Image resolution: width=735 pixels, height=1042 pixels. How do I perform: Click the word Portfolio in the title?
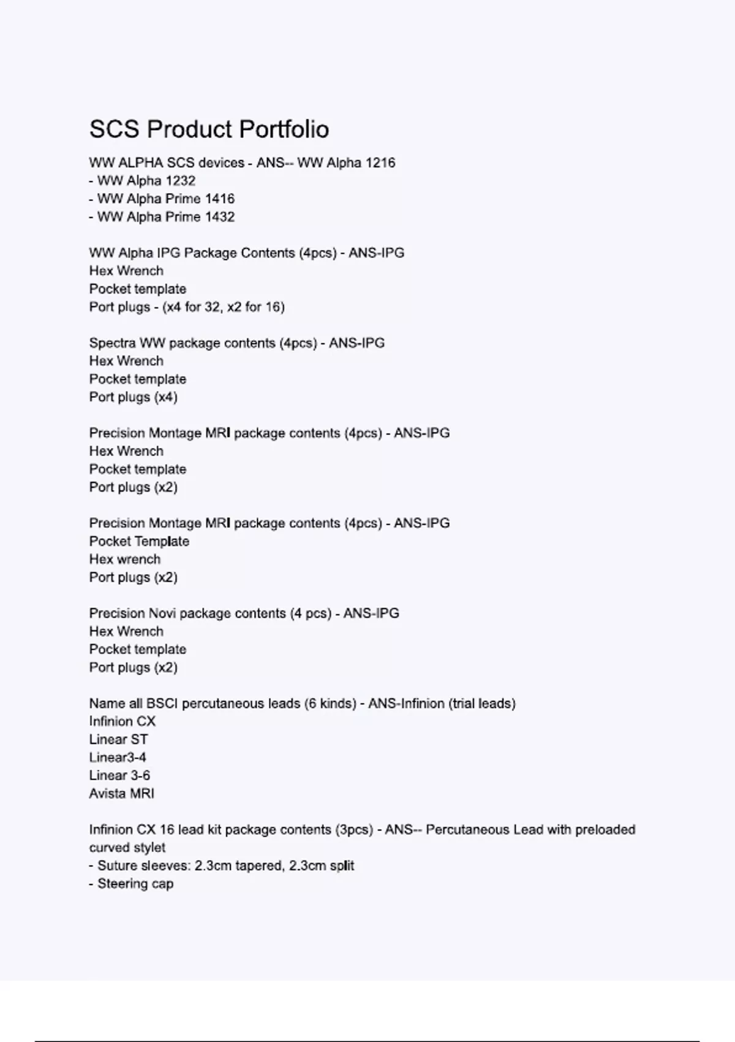pyautogui.click(x=284, y=129)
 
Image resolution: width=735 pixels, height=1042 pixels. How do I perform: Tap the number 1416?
pyautogui.click(x=219, y=199)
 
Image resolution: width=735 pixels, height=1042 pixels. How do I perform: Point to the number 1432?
pyautogui.click(x=219, y=217)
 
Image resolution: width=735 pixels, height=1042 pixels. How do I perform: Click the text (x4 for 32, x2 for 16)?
pyautogui.click(x=223, y=307)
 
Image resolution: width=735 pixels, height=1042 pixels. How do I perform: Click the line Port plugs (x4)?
pyautogui.click(x=133, y=397)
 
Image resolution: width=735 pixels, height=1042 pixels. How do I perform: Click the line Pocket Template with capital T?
pyautogui.click(x=139, y=541)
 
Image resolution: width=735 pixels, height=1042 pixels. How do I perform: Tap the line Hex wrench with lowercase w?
pyautogui.click(x=124, y=560)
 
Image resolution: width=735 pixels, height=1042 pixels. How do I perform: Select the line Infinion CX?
pyautogui.click(x=122, y=721)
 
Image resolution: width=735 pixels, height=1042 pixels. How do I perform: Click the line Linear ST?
pyautogui.click(x=118, y=740)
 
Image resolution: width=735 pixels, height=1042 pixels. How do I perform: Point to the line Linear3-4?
pyautogui.click(x=117, y=758)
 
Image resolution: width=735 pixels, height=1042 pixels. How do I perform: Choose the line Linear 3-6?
pyautogui.click(x=119, y=775)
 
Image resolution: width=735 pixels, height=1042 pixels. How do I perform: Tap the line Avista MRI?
pyautogui.click(x=121, y=794)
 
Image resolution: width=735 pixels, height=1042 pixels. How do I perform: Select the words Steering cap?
pyautogui.click(x=135, y=884)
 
